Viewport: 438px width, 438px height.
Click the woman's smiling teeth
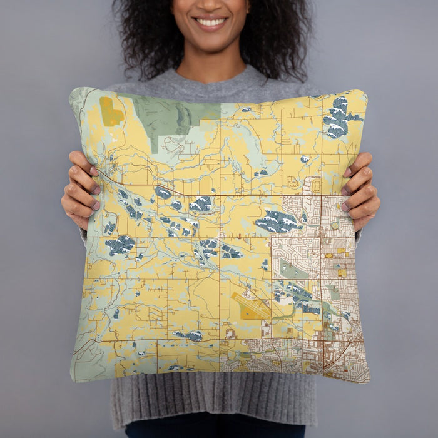(x=211, y=23)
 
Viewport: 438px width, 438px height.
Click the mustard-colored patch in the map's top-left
(x=111, y=112)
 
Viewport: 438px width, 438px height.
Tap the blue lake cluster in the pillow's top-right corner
(x=338, y=118)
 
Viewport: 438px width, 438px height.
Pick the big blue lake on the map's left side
(x=120, y=245)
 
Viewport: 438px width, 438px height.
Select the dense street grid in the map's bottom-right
(x=338, y=357)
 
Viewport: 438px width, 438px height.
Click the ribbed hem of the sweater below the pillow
(x=213, y=400)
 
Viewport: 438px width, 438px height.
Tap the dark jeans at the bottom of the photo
(x=213, y=431)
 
